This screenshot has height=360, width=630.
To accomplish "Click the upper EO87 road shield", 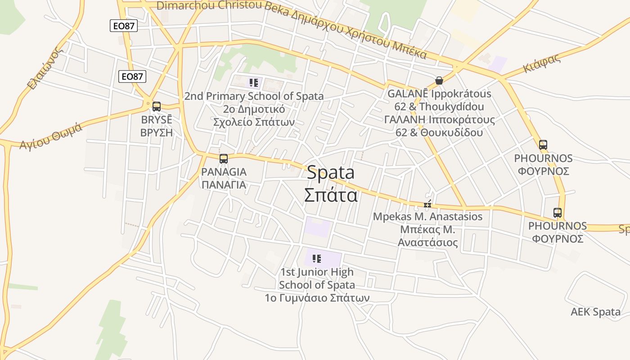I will pos(123,26).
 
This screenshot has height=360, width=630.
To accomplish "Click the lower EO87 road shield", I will pos(132,76).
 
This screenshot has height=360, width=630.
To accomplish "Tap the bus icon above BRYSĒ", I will pos(157,107).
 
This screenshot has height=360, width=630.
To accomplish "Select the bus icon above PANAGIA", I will pos(224,158).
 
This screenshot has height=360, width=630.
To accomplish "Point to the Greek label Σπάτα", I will pos(331,195).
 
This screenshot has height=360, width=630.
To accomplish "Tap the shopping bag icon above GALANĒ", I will pos(439,81).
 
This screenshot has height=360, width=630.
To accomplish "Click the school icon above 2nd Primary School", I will pos(254,83).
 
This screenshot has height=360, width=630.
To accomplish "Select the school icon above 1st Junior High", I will pos(317,258).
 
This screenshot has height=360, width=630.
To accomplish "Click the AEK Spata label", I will pos(595,312).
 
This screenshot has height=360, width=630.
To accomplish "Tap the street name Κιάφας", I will pos(541,63).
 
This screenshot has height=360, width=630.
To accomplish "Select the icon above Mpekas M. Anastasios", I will pos(427,204).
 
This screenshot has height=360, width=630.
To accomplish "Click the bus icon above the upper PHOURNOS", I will pos(543,145).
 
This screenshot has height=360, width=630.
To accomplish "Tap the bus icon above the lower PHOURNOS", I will pos(558,212).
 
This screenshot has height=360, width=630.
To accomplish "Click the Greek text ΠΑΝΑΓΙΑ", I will pos(224,184).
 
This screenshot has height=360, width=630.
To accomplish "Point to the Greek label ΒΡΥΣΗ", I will pos(157,132).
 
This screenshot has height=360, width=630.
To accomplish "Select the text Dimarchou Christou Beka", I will pos(209,5).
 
